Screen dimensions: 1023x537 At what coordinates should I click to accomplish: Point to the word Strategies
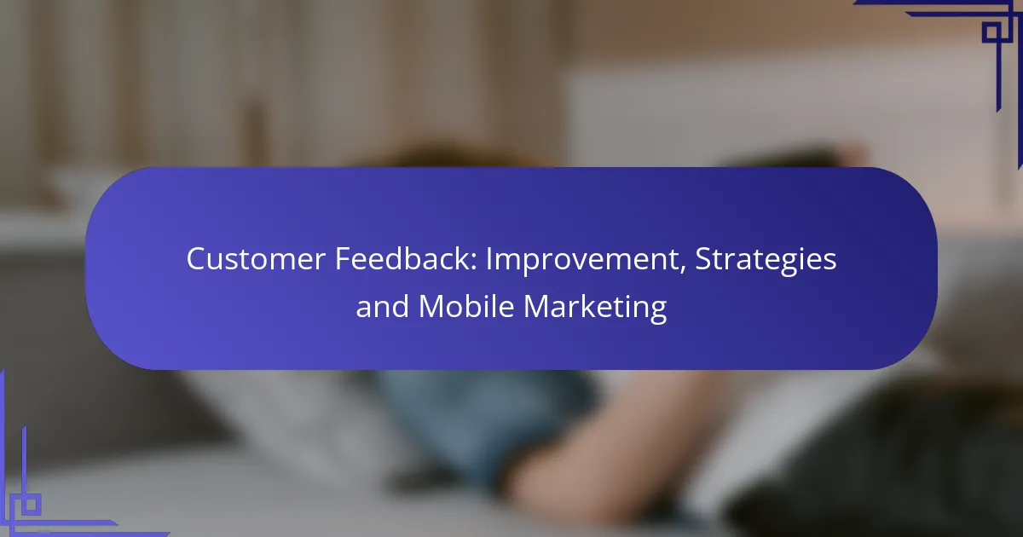(x=766, y=261)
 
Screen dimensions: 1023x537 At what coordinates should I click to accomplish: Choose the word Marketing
(x=595, y=308)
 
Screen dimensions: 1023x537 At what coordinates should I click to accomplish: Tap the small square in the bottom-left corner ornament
(x=30, y=504)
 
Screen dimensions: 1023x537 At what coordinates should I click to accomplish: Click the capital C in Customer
(x=197, y=259)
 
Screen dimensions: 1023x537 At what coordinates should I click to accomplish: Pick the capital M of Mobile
(x=431, y=306)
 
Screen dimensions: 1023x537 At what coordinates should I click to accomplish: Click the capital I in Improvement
(x=488, y=259)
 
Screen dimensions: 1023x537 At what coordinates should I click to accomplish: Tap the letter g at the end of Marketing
(x=657, y=311)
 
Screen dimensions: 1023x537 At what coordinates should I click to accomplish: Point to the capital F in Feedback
(x=344, y=259)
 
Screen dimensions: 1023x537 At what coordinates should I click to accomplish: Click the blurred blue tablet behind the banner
(x=484, y=424)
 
